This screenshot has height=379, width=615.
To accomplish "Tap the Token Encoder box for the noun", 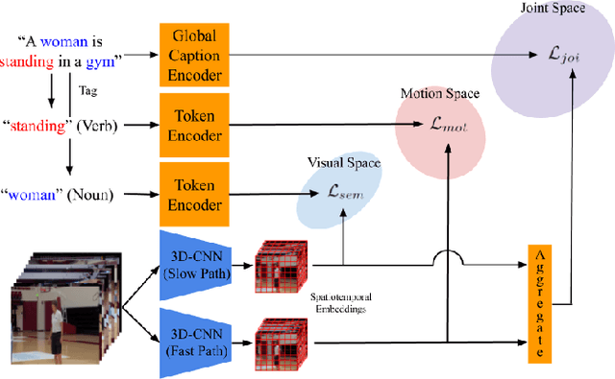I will point(193,194).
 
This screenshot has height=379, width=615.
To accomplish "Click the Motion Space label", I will point(438,93).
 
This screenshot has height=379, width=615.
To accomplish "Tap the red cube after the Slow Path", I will point(280,265).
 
